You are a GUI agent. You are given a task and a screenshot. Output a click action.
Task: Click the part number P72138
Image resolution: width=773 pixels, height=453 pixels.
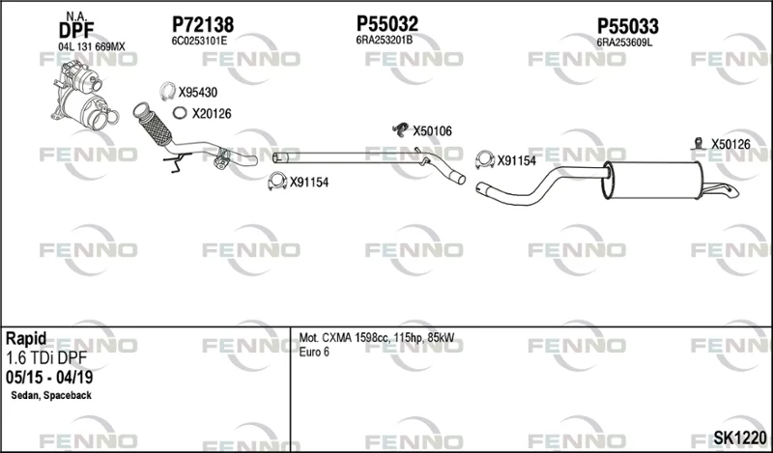[203, 25]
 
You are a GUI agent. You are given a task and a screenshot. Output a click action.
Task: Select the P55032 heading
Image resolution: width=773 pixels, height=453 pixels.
[387, 23]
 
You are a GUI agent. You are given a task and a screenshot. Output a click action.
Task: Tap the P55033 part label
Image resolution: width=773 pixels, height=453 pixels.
[627, 26]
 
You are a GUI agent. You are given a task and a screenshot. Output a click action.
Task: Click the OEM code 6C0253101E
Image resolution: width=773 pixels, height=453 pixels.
[199, 42]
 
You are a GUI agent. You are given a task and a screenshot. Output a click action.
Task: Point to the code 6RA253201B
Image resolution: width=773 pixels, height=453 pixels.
[384, 41]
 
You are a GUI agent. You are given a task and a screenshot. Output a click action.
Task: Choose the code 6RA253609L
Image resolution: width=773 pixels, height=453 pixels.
[624, 42]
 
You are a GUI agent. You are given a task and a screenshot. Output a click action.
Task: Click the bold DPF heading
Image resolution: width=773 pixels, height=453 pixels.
[76, 31]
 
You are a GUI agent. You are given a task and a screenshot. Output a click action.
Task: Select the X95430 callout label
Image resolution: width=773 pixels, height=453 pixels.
[198, 93]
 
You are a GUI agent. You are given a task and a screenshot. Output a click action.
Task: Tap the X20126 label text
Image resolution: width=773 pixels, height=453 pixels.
[212, 114]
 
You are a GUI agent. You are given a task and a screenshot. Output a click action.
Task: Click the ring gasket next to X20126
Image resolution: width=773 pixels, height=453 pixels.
[180, 107]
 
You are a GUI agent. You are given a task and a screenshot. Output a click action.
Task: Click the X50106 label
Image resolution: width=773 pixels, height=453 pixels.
[432, 131]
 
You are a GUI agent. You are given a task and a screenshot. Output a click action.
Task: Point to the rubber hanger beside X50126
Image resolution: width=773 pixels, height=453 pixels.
[698, 143]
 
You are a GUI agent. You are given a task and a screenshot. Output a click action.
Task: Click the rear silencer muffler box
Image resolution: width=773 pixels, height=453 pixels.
[651, 181]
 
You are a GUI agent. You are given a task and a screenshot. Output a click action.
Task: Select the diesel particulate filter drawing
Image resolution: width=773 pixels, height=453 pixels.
[84, 95]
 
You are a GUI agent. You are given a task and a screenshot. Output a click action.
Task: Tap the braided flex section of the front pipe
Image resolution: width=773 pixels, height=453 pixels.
[157, 127]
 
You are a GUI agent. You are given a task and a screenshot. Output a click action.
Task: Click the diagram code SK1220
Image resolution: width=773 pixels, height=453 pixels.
[740, 438]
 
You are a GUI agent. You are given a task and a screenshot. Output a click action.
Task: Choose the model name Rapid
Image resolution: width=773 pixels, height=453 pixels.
[26, 339]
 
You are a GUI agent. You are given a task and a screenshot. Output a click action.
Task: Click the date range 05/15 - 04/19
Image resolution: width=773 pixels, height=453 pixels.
[49, 378]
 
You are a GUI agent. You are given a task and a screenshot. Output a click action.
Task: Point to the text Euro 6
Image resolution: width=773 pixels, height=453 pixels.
[314, 352]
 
